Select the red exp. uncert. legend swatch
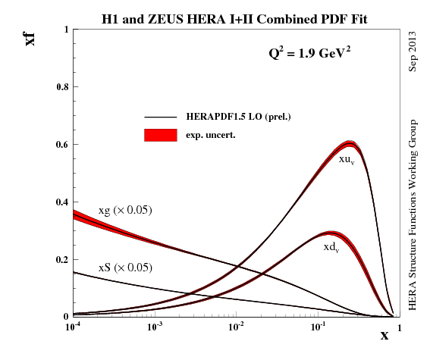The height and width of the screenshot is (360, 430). click(x=160, y=135)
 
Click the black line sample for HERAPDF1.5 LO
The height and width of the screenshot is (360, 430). click(x=160, y=117)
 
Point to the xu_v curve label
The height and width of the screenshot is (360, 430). click(x=347, y=159)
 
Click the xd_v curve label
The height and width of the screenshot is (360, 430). click(x=331, y=247)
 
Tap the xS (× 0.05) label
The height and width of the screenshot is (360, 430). click(x=125, y=268)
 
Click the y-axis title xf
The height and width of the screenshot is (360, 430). click(x=30, y=37)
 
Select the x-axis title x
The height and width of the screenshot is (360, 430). click(x=384, y=334)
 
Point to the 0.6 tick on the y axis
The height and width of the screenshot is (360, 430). click(x=62, y=145)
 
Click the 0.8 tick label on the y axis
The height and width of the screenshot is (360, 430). click(x=62, y=87)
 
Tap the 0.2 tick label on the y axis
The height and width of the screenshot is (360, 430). click(x=62, y=260)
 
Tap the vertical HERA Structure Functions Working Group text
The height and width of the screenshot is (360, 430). click(x=413, y=214)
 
